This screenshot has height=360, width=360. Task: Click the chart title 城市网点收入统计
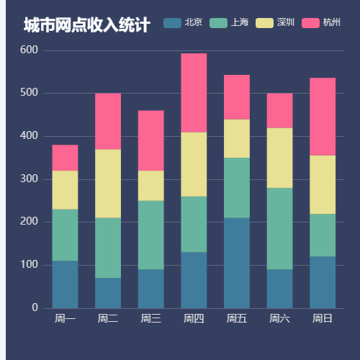click(86, 26)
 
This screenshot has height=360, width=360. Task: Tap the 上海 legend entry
click(229, 22)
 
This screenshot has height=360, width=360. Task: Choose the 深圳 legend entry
click(275, 22)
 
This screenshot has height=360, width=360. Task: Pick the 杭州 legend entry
click(321, 22)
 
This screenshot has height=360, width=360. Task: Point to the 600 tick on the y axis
click(30, 50)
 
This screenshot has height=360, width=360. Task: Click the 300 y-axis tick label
click(30, 179)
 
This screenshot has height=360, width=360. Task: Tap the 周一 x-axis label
click(65, 318)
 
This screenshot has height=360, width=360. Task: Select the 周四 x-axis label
click(194, 318)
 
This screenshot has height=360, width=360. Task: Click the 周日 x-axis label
click(323, 318)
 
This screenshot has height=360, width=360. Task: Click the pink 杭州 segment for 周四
click(194, 93)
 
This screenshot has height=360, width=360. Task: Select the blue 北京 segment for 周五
click(237, 263)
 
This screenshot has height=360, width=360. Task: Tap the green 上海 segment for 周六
click(279, 228)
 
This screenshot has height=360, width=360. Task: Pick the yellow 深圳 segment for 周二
click(108, 184)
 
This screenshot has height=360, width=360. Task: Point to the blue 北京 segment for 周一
click(65, 284)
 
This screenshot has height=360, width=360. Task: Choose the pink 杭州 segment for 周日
click(323, 117)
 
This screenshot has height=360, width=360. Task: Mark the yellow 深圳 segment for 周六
click(279, 158)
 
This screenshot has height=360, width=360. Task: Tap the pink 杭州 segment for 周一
click(65, 158)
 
